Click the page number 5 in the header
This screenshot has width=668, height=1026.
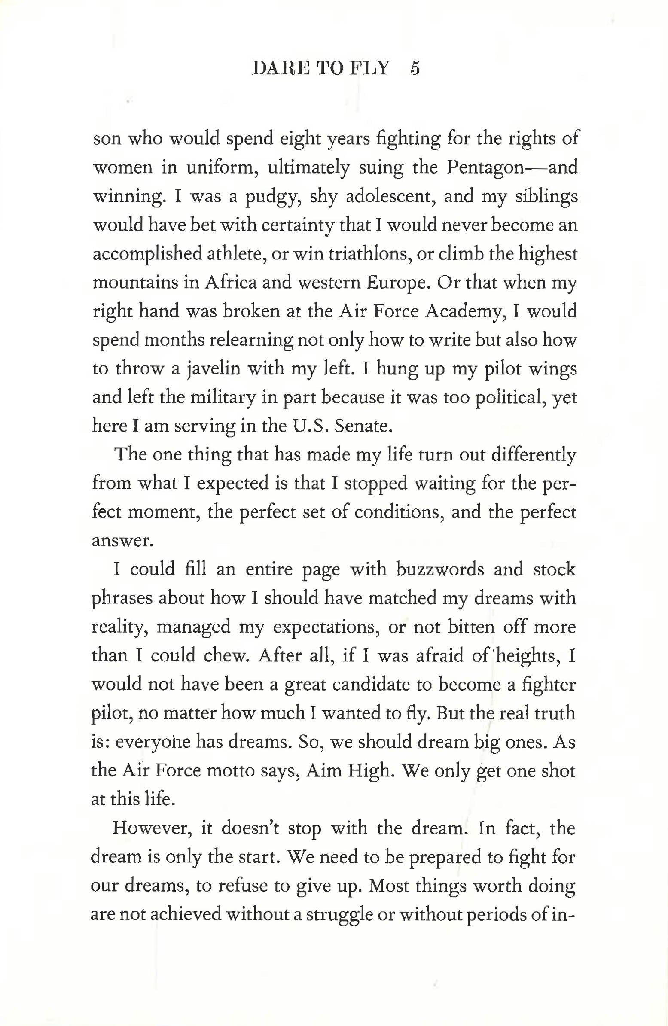[x=415, y=69]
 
